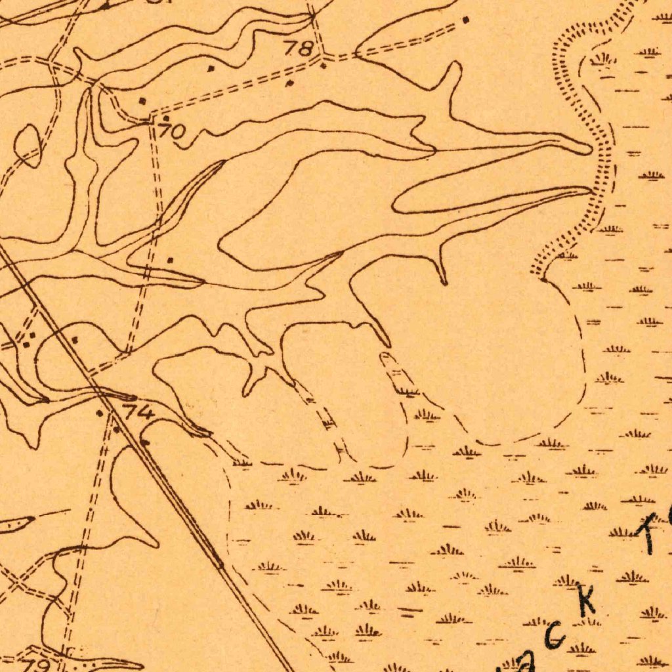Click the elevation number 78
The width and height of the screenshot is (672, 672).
(x=298, y=48)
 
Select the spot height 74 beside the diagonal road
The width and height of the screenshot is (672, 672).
(x=139, y=413)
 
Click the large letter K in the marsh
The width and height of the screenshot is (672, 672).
(x=586, y=600)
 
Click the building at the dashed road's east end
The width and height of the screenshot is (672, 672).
(x=466, y=20)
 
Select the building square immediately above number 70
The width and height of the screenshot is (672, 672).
(x=167, y=118)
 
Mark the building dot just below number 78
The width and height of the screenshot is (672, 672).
(x=323, y=65)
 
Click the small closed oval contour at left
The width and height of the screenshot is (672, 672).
(x=28, y=145)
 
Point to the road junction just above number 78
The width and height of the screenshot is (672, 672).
(x=312, y=14)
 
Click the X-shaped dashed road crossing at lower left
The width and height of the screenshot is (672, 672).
(x=18, y=581)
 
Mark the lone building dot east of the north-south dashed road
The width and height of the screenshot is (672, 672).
(x=171, y=261)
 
